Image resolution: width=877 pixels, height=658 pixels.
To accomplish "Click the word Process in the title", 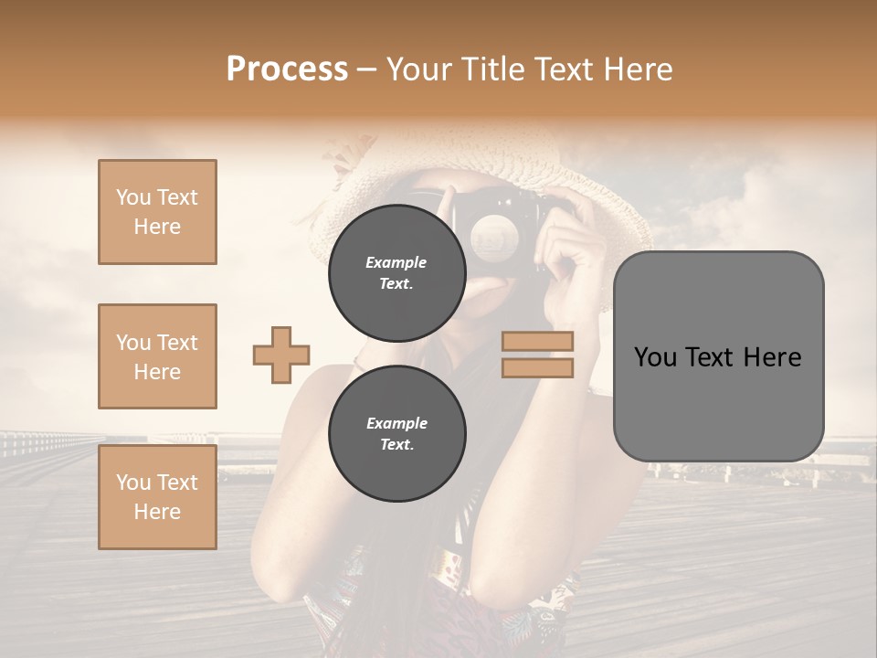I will [x=287, y=69].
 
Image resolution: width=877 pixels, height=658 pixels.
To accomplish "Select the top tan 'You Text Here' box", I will [x=157, y=212].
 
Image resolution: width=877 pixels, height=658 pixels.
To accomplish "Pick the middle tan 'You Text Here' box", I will [x=157, y=356].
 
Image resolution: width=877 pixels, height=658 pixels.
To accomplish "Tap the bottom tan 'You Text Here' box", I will [x=157, y=497].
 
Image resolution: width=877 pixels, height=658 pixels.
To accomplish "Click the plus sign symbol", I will [x=281, y=356].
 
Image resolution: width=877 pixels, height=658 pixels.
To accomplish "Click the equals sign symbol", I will [x=537, y=355].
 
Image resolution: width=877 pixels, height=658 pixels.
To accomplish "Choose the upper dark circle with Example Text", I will [x=396, y=272].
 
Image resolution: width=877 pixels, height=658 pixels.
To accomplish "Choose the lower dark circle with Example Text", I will [x=396, y=433].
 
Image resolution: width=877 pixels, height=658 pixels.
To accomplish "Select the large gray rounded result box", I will [x=718, y=356].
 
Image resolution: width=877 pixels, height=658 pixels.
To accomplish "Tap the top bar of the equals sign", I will [x=537, y=342].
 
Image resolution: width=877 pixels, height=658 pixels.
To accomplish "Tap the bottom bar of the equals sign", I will [x=537, y=367].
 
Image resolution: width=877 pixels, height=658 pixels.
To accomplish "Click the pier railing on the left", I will [x=46, y=444].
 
